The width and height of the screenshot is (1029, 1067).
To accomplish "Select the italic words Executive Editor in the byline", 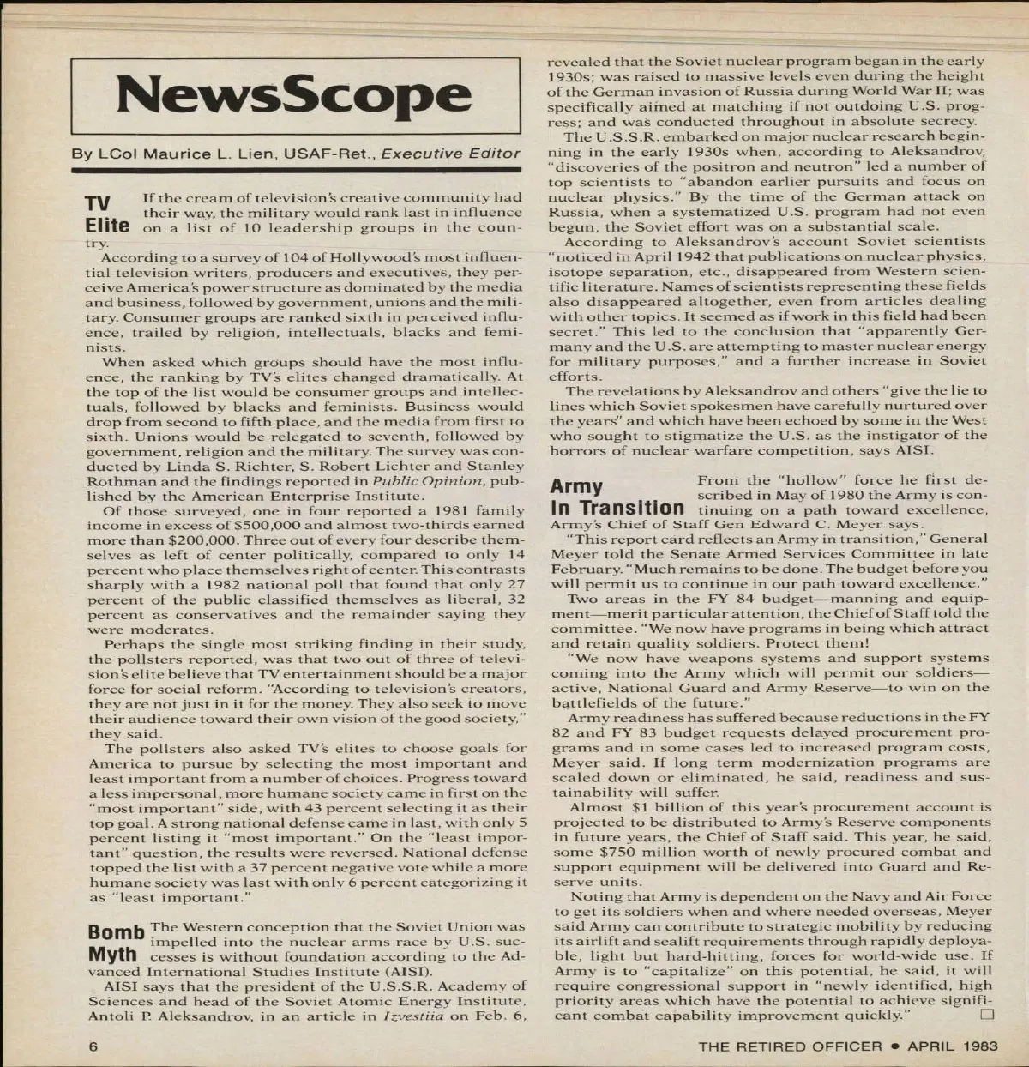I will pyautogui.click(x=450, y=154).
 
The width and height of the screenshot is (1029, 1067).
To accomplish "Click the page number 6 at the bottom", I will pyautogui.click(x=93, y=1046).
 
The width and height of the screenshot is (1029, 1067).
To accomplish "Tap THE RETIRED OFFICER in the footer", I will pyautogui.click(x=790, y=1046).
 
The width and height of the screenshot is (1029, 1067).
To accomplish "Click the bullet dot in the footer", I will pyautogui.click(x=894, y=1046).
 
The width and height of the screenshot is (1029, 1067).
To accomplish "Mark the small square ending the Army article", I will pyautogui.click(x=985, y=1016).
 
